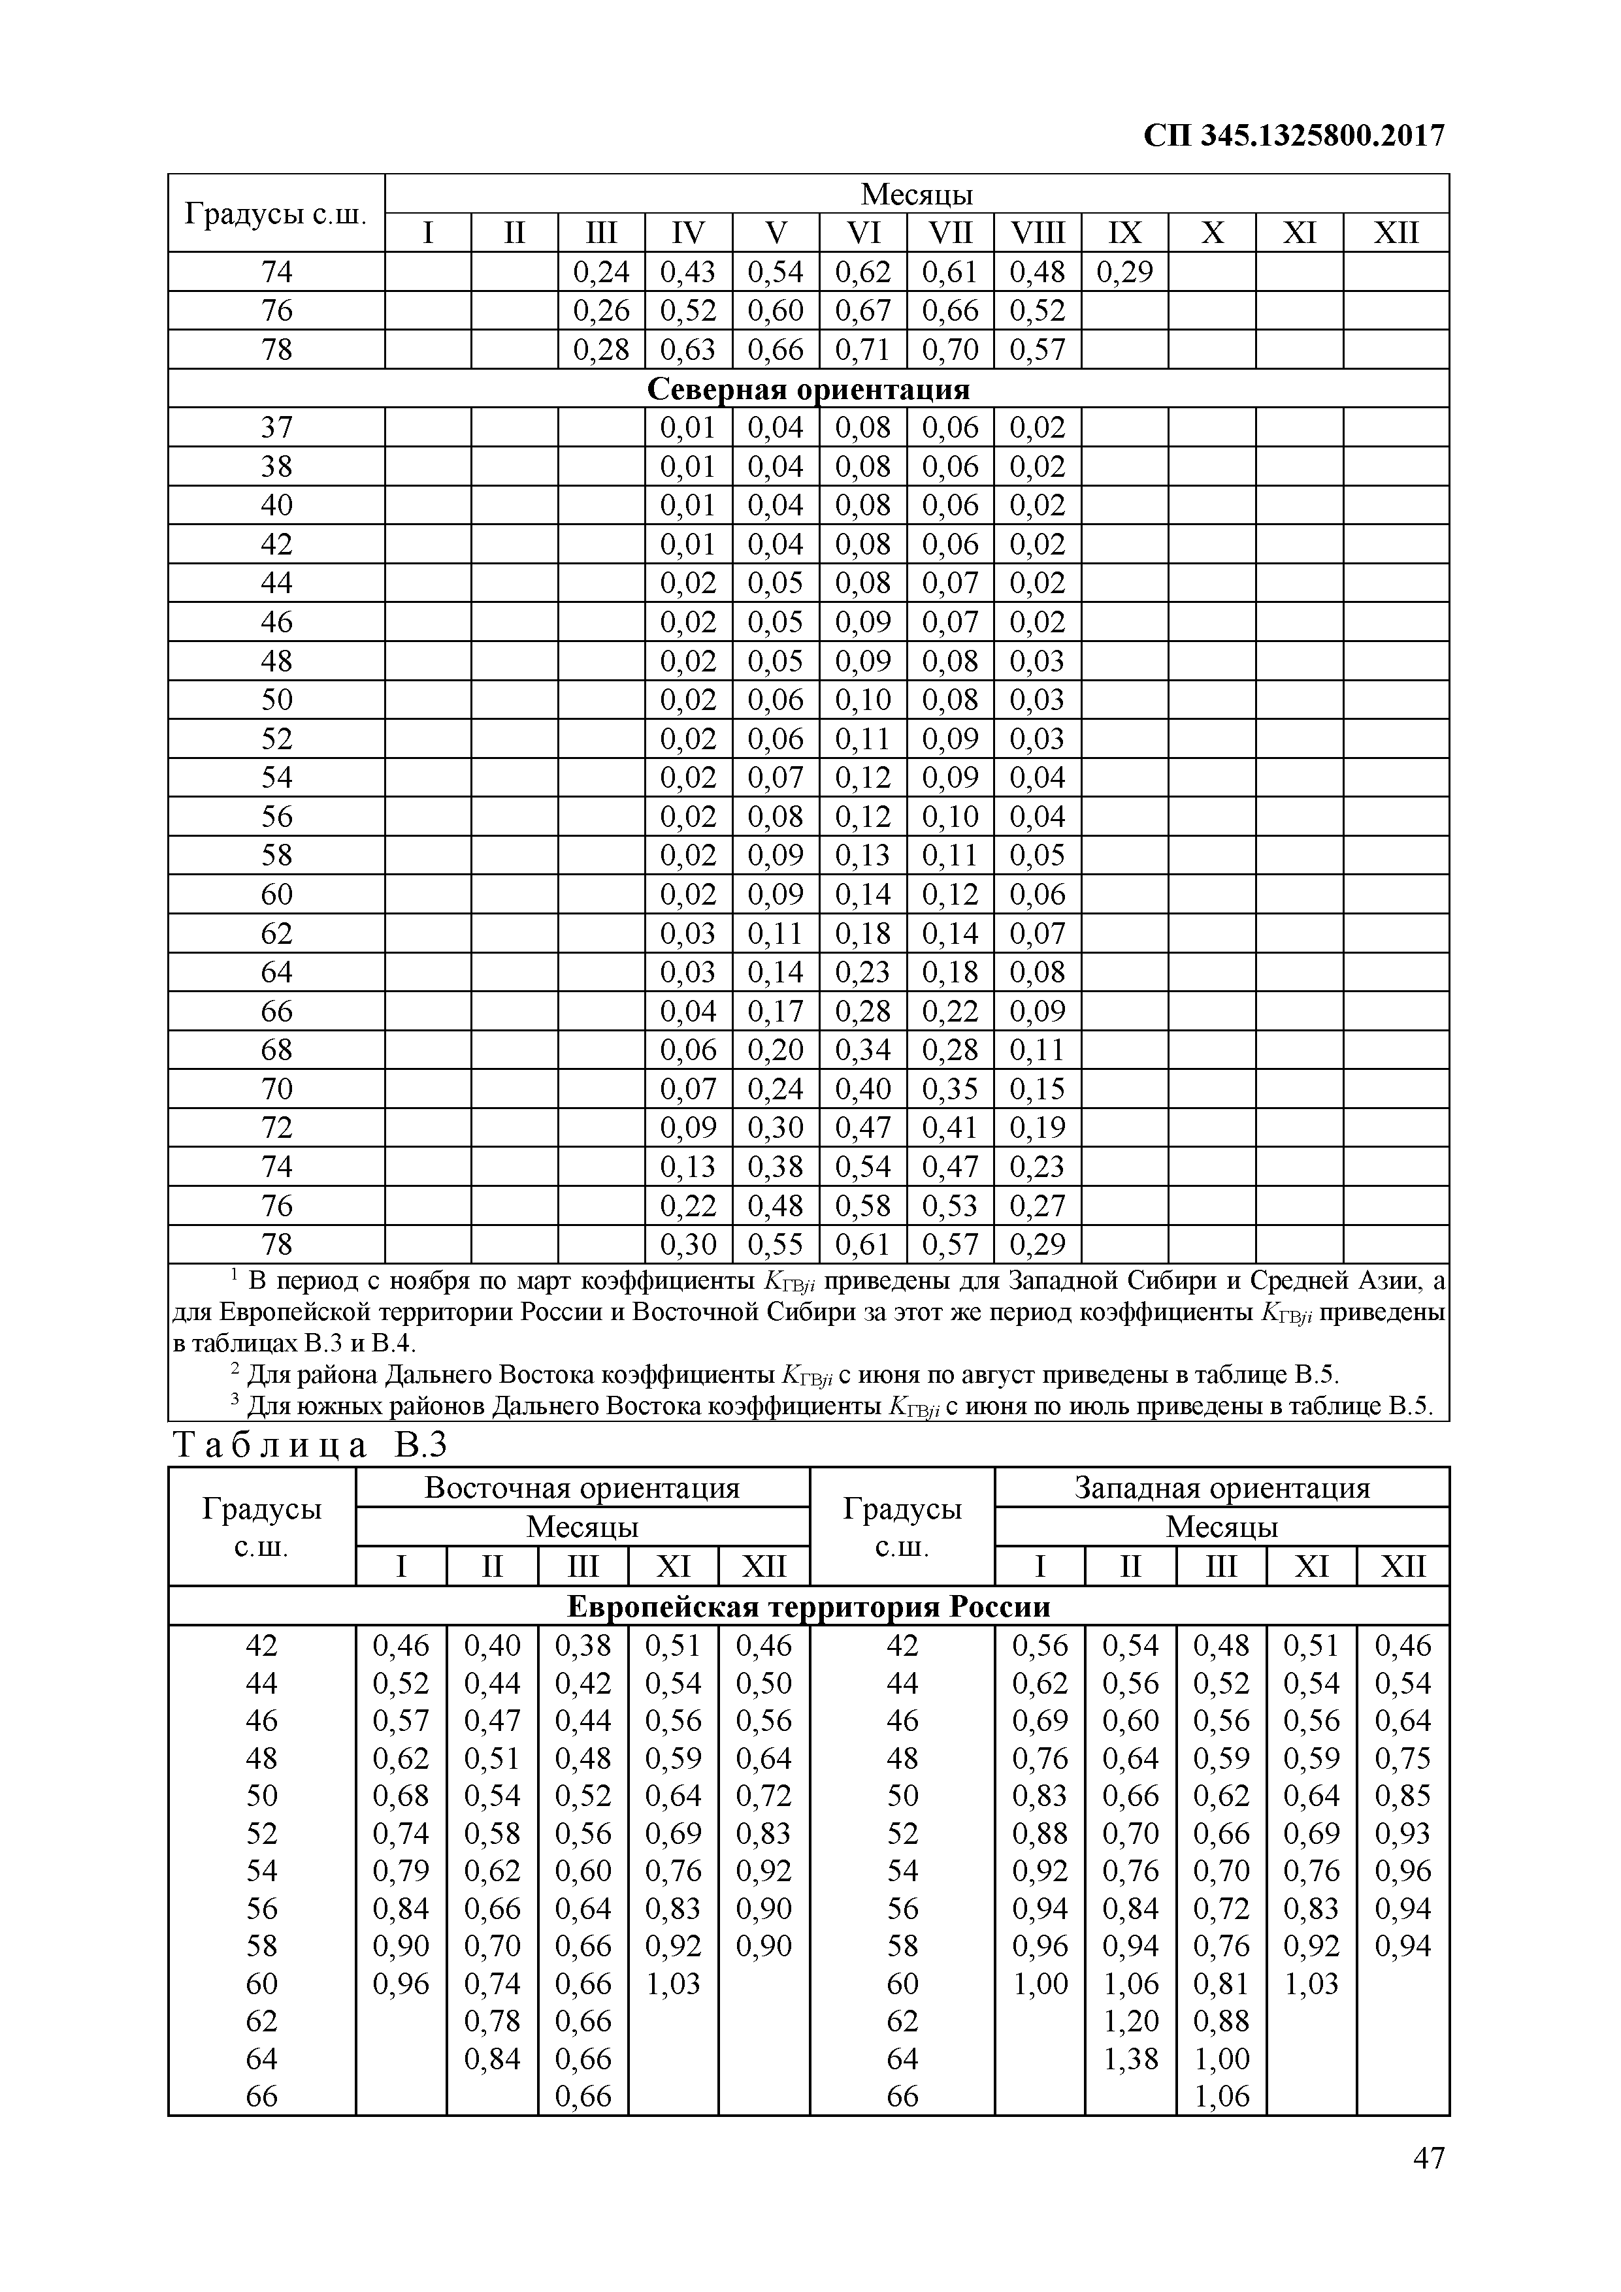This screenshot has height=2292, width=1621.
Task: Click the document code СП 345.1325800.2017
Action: point(1294,136)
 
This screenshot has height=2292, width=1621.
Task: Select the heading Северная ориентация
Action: point(808,389)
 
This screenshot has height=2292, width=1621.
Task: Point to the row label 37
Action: point(276,427)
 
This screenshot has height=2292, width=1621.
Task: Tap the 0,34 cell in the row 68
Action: point(863,1050)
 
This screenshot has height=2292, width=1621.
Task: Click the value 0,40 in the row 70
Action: point(863,1089)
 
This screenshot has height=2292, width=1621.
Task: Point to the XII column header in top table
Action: point(1396,233)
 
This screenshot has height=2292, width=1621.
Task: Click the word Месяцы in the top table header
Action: point(916,193)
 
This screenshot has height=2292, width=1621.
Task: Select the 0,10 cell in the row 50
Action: point(863,700)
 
